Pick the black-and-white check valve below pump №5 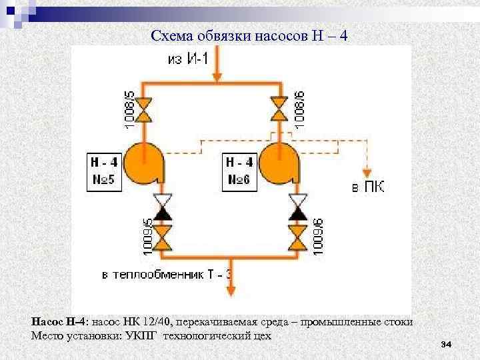(161, 207)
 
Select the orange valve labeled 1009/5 (161, 233)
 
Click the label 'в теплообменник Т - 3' (167, 273)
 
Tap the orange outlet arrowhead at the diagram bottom (230, 291)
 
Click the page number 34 (447, 344)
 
